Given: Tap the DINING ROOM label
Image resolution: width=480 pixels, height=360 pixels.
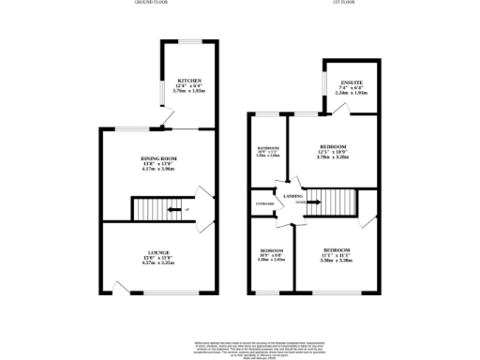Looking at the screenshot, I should pyautogui.click(x=158, y=158).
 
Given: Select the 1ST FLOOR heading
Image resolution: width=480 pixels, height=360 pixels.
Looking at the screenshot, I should pyautogui.click(x=342, y=4).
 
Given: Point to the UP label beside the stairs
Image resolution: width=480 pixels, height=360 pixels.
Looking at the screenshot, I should pyautogui.click(x=187, y=209).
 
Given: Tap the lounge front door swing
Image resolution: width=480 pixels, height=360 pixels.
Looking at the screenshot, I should pyautogui.click(x=119, y=287).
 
